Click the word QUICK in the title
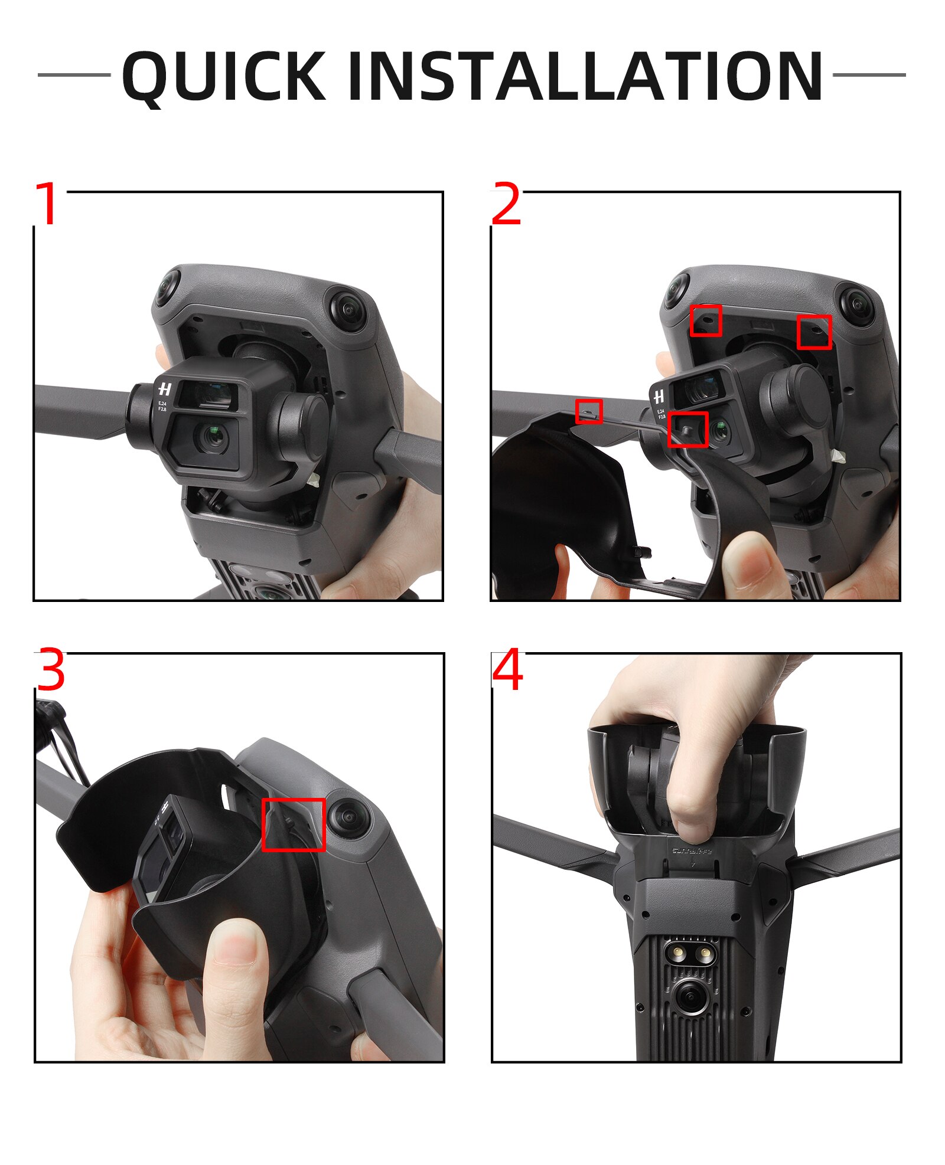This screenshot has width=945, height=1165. click(224, 77)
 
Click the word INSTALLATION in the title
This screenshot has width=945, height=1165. click(585, 77)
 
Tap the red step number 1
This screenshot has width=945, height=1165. click(47, 204)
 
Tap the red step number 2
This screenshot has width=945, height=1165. click(506, 204)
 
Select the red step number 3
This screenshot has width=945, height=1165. click(51, 670)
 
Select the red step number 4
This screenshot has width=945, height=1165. click(507, 670)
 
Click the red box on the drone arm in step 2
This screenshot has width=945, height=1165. click(588, 411)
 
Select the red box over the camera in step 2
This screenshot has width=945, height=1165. click(687, 429)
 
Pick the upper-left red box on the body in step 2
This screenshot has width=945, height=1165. click(706, 320)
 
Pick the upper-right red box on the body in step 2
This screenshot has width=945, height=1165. click(814, 332)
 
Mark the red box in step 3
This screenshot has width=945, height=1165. click(293, 824)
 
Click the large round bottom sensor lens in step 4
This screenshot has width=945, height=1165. click(689, 996)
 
